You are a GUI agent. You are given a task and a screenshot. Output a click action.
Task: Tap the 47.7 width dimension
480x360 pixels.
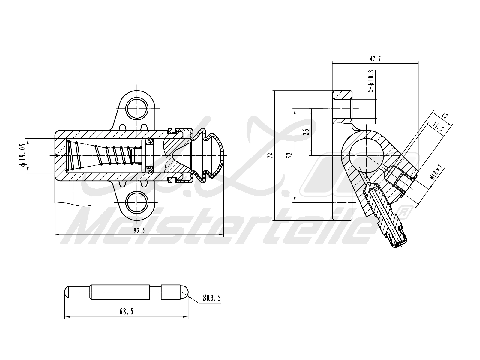tap(375, 59)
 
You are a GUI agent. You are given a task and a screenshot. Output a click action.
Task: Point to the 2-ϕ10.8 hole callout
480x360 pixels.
tap(371, 81)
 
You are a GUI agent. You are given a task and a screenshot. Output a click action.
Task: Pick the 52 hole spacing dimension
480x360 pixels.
tap(290, 155)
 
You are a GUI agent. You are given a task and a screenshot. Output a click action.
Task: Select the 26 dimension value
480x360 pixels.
tap(306, 132)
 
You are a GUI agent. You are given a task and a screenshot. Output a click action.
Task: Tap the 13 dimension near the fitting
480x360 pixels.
tap(445, 116)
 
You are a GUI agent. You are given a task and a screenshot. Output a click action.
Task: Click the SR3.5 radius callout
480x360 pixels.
tap(212, 298)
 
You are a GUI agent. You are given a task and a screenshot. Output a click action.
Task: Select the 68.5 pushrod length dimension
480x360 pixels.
tap(126, 312)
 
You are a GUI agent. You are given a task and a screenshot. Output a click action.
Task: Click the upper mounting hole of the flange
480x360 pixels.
tap(137, 108)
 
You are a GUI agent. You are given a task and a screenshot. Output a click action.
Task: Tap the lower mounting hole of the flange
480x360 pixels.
tap(137, 202)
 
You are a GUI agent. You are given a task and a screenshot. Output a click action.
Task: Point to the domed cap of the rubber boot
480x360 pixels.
tap(217, 155)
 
